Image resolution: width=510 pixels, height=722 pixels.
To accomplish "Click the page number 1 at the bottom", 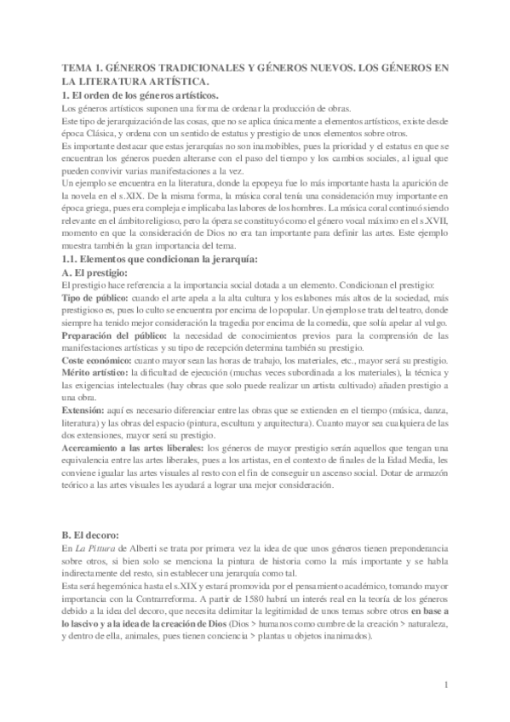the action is (445, 683).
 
